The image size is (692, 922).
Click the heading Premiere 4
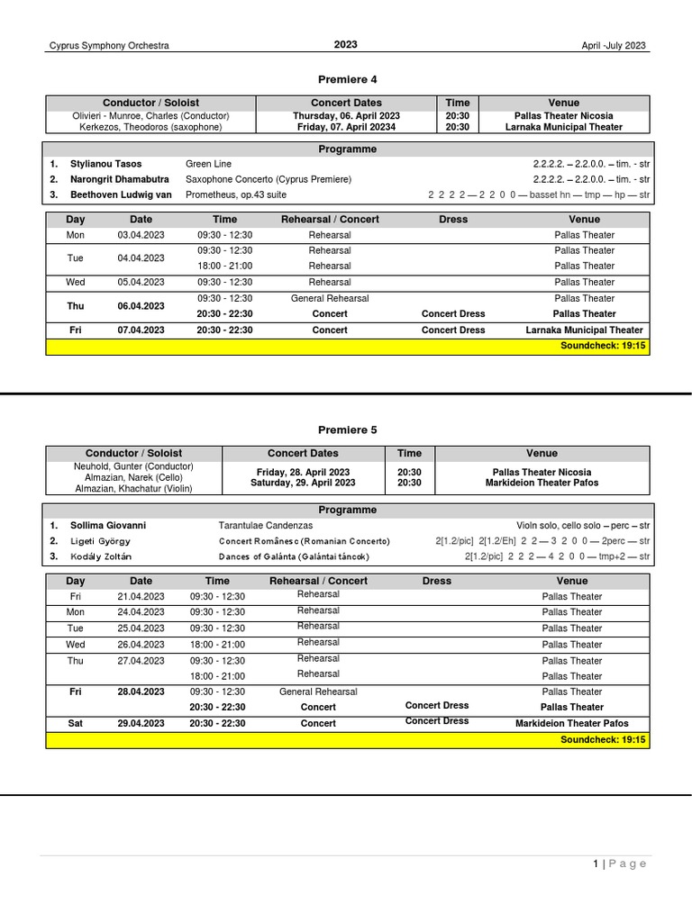point(346,79)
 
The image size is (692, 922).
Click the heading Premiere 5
point(346,429)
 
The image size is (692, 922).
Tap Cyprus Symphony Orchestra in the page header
point(108,46)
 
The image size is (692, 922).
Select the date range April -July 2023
point(614,46)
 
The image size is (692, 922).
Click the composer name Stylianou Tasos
point(106,164)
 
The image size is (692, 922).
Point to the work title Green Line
point(210,164)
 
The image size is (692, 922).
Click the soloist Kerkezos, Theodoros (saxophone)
point(150,127)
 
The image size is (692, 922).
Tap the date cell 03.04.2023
point(141,235)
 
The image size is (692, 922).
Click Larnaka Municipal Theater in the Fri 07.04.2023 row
point(585,330)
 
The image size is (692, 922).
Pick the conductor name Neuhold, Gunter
point(133,466)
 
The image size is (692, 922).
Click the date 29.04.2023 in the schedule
point(141,723)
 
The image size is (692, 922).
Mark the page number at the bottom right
point(596,863)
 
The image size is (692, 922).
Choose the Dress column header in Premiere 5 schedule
point(436,581)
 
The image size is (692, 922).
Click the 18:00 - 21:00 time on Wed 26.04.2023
point(217,645)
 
